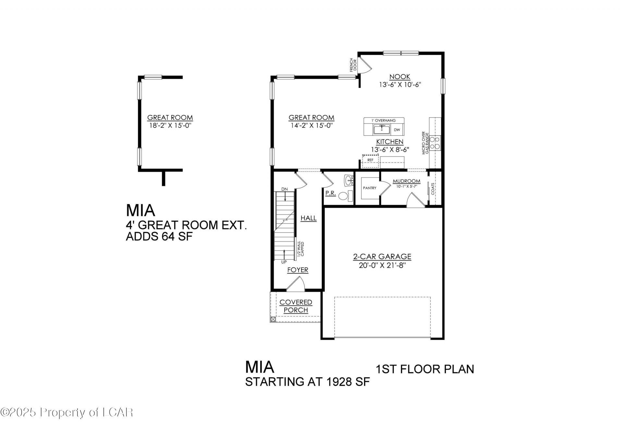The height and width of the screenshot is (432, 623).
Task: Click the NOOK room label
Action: coord(400,77)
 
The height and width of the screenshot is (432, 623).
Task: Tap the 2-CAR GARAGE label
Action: coord(382,257)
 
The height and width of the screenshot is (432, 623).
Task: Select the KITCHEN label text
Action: coord(390,142)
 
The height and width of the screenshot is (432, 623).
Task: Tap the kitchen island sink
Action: coord(382,129)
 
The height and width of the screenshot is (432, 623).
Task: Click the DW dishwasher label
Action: coord(397,130)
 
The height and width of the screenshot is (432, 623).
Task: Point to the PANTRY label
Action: coord(370,188)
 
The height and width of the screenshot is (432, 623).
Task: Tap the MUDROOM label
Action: coord(406,181)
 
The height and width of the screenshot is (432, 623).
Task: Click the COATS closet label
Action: coord(433,189)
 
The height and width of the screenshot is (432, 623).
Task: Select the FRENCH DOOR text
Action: coord(353,65)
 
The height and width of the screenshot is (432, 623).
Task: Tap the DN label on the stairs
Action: coord(285,189)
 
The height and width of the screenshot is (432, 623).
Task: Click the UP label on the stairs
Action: coord(284,262)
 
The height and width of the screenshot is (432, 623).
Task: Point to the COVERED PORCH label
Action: coord(296,306)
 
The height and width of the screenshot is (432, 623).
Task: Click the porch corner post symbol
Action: coord(273,319)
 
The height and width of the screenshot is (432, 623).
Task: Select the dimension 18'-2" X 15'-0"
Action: coord(170,125)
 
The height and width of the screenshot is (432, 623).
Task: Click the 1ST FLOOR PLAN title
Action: coord(425,369)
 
